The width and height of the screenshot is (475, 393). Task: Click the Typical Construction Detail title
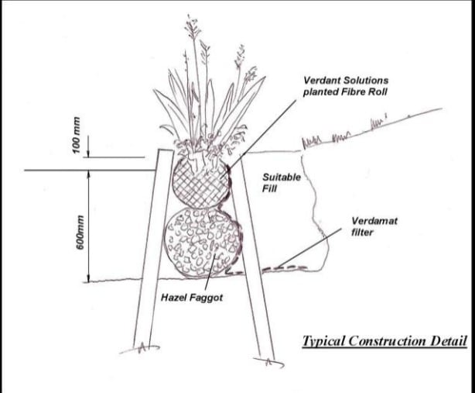click(x=384, y=340)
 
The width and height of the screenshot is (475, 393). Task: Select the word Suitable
click(x=279, y=176)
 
